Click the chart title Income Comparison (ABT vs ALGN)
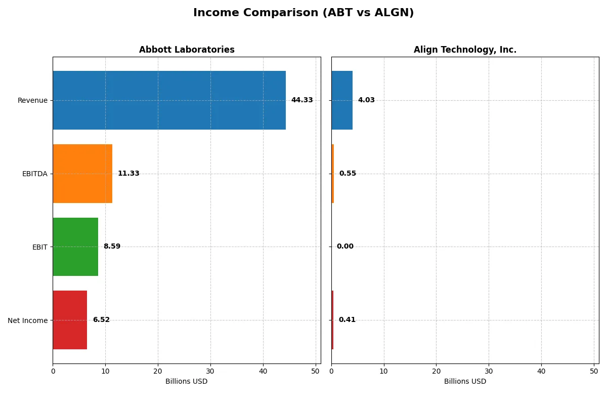pos(303,13)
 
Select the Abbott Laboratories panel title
pos(187,50)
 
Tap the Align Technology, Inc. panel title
pos(465,50)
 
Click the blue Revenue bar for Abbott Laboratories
pos(169,100)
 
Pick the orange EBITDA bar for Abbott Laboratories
pos(82,174)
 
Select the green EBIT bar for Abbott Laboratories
pos(75,247)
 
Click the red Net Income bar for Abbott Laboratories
pos(70,320)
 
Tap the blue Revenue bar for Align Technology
pos(342,100)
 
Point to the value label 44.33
pos(302,100)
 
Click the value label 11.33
pos(128,174)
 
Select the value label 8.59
pos(112,247)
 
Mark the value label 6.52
pos(101,320)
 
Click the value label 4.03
pos(366,100)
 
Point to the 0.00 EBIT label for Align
pos(345,247)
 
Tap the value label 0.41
pos(347,320)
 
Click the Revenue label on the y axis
pos(32,100)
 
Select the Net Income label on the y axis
pos(27,320)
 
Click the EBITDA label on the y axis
pos(34,174)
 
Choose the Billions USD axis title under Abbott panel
pos(186,382)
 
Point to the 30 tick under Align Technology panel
pos(489,371)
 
